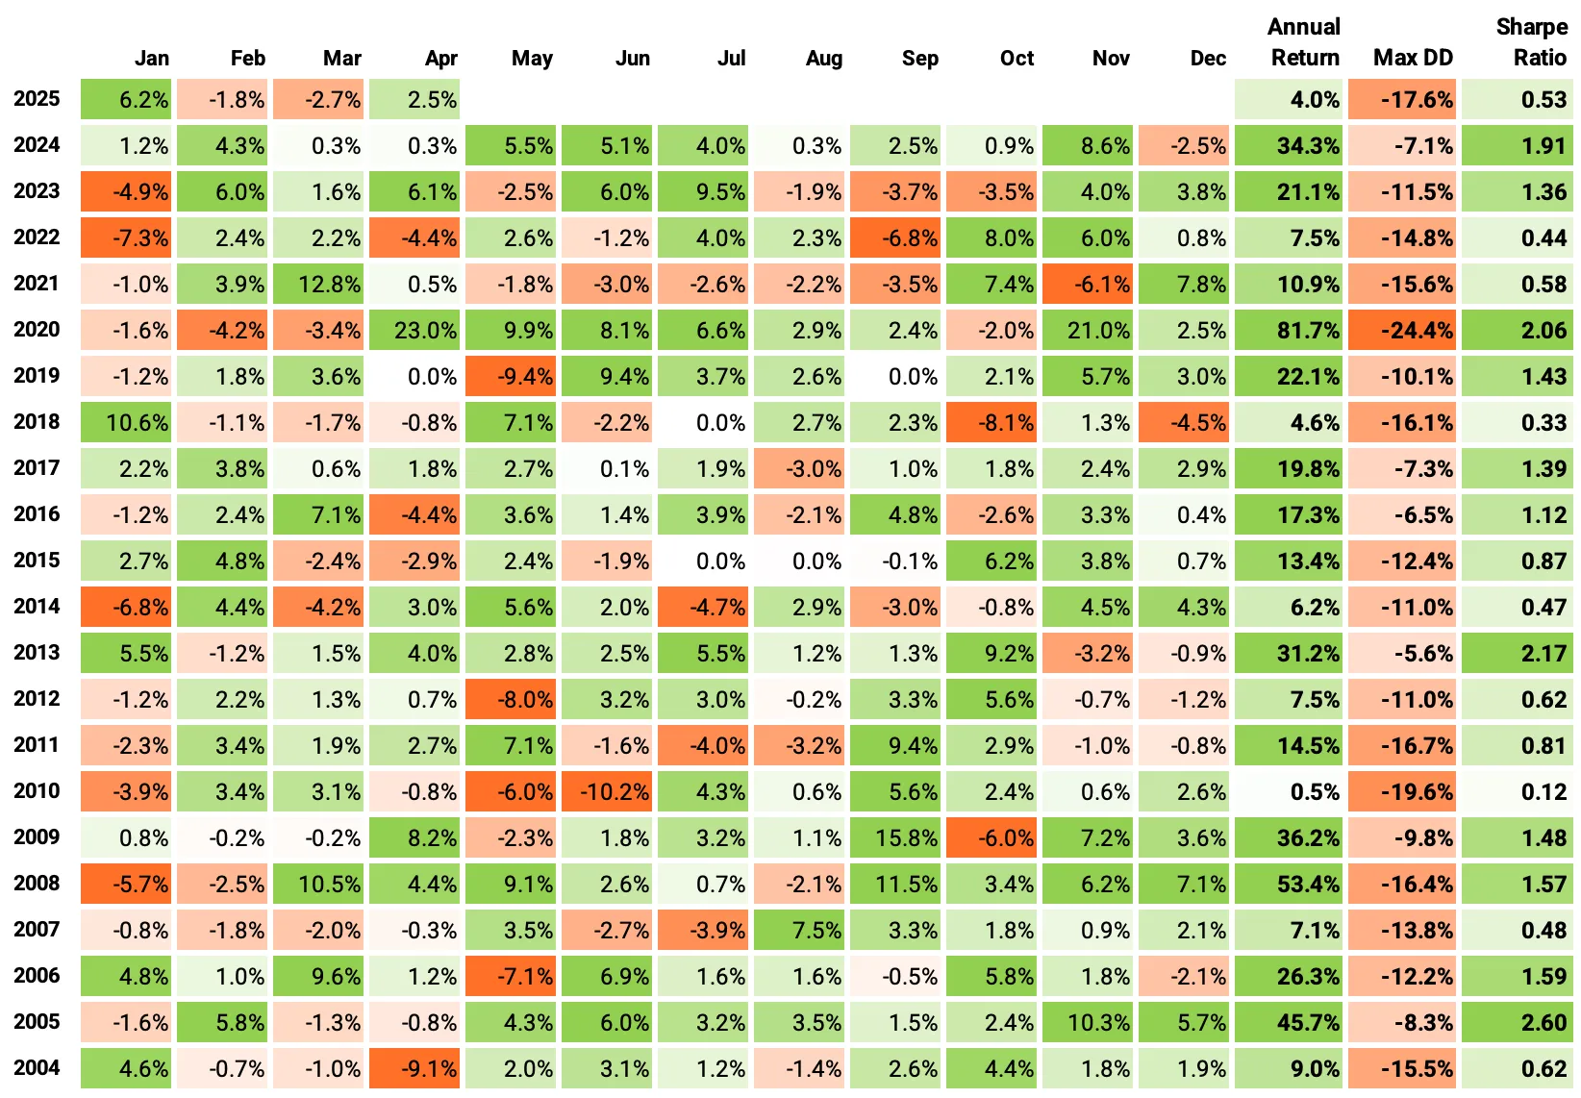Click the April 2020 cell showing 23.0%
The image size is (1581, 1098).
pyautogui.click(x=414, y=330)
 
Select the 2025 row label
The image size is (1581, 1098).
pyautogui.click(x=37, y=99)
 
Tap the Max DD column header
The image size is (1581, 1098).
pyautogui.click(x=1412, y=58)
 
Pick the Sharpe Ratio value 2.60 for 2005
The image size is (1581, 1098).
pyautogui.click(x=1518, y=1022)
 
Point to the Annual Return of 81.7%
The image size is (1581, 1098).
pyautogui.click(x=1289, y=330)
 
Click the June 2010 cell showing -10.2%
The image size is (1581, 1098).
pyautogui.click(x=607, y=791)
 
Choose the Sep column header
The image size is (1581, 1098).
pyautogui.click(x=919, y=58)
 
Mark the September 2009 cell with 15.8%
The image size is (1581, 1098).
pyautogui.click(x=895, y=837)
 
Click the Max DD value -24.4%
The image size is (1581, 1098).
pyautogui.click(x=1402, y=330)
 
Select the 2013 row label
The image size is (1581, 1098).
pyautogui.click(x=37, y=653)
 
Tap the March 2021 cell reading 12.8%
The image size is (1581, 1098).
pyautogui.click(x=318, y=284)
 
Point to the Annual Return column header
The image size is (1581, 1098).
pyautogui.click(x=1304, y=43)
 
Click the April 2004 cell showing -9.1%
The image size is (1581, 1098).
pyautogui.click(x=414, y=1068)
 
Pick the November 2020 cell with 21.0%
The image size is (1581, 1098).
pyautogui.click(x=1088, y=330)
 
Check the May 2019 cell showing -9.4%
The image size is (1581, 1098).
pyautogui.click(x=511, y=376)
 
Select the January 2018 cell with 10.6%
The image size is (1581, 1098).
pyautogui.click(x=126, y=422)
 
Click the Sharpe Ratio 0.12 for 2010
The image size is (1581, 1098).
pyautogui.click(x=1518, y=791)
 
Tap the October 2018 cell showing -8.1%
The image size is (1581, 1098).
pyautogui.click(x=991, y=422)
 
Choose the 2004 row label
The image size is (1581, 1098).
pyautogui.click(x=37, y=1068)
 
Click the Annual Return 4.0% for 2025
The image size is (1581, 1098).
pyautogui.click(x=1289, y=99)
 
